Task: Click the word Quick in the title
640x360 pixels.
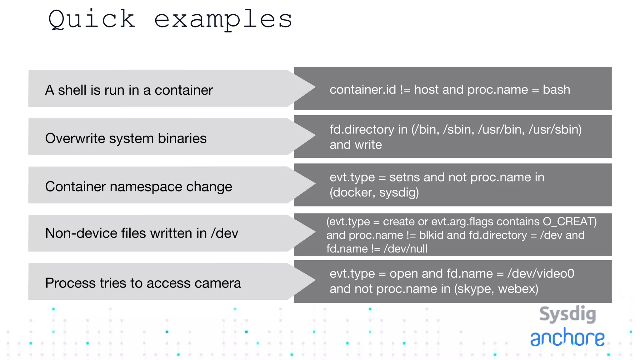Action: click(x=92, y=19)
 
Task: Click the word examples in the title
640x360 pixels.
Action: click(x=223, y=19)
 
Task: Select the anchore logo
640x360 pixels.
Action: click(x=567, y=337)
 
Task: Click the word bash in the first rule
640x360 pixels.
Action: click(x=556, y=90)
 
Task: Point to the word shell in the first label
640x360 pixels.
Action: click(x=72, y=90)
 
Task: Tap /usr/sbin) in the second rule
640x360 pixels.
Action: click(x=555, y=130)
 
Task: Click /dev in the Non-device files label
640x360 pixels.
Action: click(x=224, y=233)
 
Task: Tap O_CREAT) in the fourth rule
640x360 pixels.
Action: click(x=570, y=222)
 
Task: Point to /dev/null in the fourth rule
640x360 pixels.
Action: click(x=405, y=249)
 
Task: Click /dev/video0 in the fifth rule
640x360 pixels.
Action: click(x=541, y=274)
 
